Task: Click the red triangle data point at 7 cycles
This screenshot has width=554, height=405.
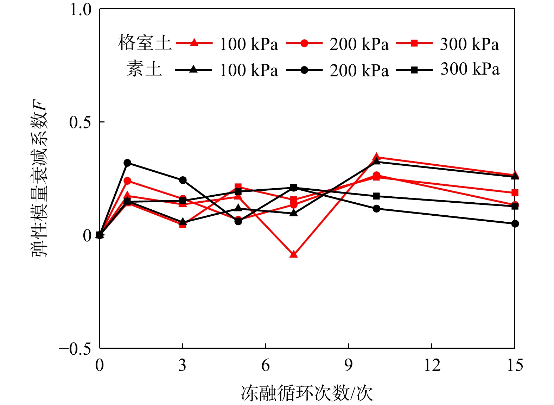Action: pyautogui.click(x=293, y=254)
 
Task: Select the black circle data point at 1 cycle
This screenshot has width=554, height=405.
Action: pyautogui.click(x=127, y=163)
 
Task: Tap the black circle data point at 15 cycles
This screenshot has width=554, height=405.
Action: pyautogui.click(x=515, y=223)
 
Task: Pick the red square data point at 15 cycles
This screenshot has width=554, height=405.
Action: pyautogui.click(x=515, y=192)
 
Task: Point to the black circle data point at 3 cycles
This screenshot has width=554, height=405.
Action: pyautogui.click(x=183, y=180)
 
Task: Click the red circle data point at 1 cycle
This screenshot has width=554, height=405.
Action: pyautogui.click(x=127, y=181)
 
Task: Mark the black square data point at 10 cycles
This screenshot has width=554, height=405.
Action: pyautogui.click(x=376, y=196)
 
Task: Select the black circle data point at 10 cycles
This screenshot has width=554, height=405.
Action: pyautogui.click(x=376, y=209)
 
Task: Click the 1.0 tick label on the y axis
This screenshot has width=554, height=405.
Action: pyautogui.click(x=81, y=10)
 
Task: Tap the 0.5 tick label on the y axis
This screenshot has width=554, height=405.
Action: pyautogui.click(x=81, y=122)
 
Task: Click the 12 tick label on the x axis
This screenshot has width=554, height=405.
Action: pyautogui.click(x=432, y=366)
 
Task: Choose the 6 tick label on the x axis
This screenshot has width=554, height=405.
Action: pyautogui.click(x=266, y=366)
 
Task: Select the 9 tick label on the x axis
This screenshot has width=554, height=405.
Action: pyautogui.click(x=349, y=366)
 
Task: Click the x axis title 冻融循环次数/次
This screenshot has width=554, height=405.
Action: pyautogui.click(x=307, y=393)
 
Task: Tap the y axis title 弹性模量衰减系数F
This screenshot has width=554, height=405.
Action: pyautogui.click(x=40, y=178)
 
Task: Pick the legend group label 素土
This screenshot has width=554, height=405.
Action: pyautogui.click(x=145, y=69)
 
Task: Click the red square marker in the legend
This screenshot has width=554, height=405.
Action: pyautogui.click(x=414, y=43)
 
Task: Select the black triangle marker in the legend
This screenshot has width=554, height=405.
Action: pyautogui.click(x=193, y=70)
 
